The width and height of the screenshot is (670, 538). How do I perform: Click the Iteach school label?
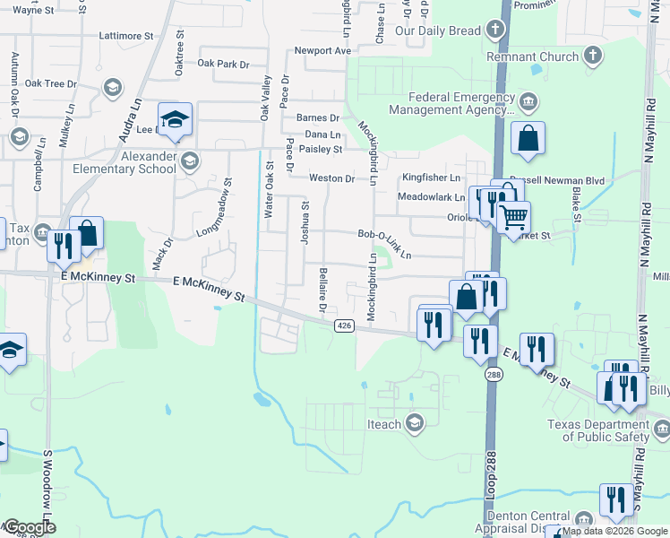click(x=383, y=423)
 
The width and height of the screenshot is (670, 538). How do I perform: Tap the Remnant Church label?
click(x=532, y=56)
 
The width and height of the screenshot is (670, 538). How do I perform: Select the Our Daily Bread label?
click(x=438, y=30)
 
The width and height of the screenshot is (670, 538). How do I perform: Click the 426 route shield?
click(x=344, y=325)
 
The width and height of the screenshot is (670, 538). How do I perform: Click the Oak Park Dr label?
click(x=222, y=64)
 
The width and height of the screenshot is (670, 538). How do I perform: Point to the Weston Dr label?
click(x=331, y=178)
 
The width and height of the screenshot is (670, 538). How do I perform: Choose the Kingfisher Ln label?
click(x=430, y=178)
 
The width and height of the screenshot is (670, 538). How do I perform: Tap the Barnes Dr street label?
click(x=318, y=117)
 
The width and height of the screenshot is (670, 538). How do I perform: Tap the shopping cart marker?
click(x=513, y=216)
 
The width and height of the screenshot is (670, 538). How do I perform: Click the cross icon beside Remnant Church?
click(x=591, y=56)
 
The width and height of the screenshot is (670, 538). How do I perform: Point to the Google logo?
click(x=29, y=528)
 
